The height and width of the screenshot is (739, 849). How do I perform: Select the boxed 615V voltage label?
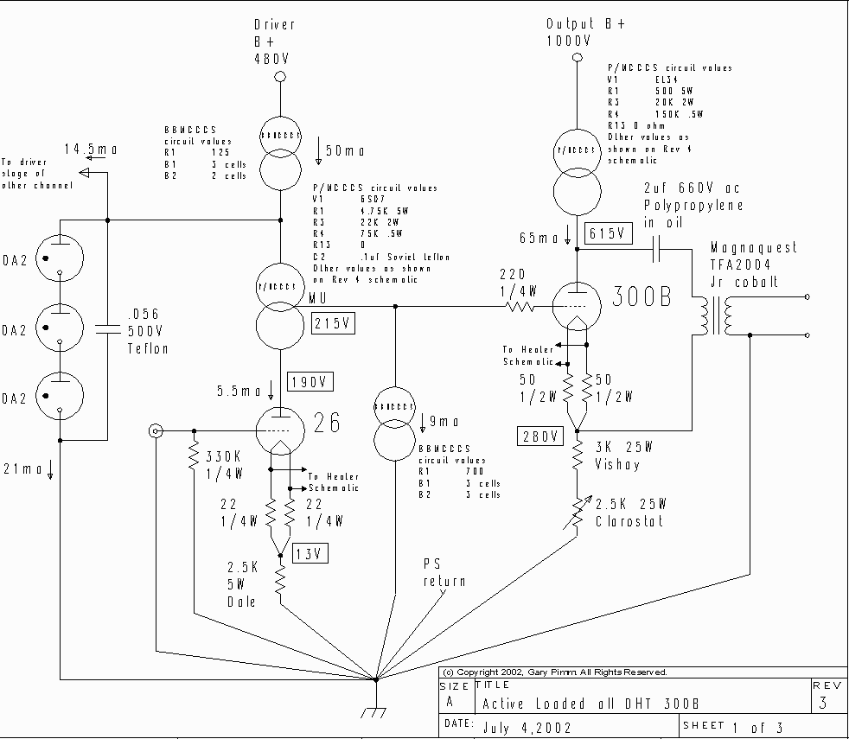(609, 233)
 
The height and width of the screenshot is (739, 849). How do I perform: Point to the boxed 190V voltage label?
(312, 383)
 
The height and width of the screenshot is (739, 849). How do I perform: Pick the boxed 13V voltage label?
(310, 554)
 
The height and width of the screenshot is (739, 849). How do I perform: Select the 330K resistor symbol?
(194, 461)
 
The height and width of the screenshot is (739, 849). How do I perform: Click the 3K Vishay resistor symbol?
(577, 456)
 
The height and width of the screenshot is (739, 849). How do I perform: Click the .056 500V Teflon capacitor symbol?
(107, 328)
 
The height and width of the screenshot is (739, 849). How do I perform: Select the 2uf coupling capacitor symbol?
(659, 250)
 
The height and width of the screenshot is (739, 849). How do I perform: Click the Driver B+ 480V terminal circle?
(280, 78)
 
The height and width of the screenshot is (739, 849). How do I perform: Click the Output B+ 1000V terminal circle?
(577, 58)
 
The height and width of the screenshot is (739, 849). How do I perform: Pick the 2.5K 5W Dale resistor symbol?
(280, 577)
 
